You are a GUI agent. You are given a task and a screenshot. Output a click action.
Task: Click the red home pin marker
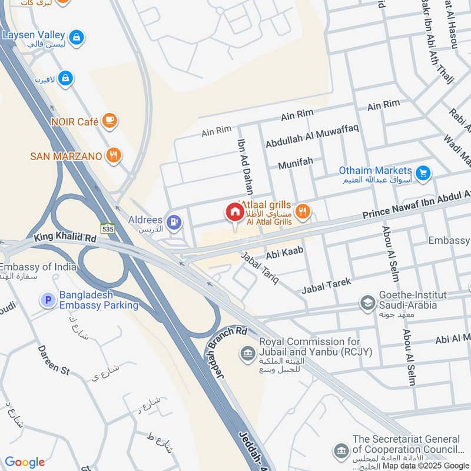(x=235, y=213)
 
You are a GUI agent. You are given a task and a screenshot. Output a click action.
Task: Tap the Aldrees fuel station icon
(x=173, y=221)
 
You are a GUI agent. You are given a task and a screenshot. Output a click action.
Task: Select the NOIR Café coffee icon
(x=110, y=121)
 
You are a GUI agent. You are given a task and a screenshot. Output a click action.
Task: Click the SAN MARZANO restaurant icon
(x=114, y=155)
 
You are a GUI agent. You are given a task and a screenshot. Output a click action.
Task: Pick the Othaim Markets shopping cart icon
(x=422, y=173)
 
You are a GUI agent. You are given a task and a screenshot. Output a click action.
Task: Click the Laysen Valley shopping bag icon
(x=76, y=38)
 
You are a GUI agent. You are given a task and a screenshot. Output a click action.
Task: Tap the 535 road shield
(x=107, y=228)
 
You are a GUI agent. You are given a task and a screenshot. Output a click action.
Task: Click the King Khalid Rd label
(x=65, y=238)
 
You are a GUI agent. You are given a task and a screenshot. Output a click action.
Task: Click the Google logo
(x=25, y=462)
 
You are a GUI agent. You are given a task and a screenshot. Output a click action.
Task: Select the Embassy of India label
(x=39, y=267)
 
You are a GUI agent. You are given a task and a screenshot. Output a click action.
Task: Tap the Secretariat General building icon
(x=341, y=451)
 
